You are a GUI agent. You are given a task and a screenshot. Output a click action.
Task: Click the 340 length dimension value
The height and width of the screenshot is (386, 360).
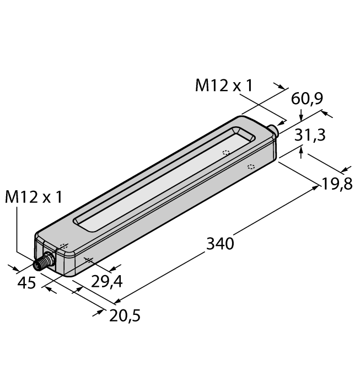click(x=220, y=243)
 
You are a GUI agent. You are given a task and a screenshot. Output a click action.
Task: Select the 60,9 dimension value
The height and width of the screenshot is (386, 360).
click(x=307, y=99)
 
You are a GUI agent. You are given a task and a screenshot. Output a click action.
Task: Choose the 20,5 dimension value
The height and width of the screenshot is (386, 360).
click(x=126, y=315)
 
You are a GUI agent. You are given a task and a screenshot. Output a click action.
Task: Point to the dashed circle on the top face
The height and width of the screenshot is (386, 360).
click(x=225, y=153)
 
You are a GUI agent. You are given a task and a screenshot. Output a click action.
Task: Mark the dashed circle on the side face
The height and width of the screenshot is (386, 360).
click(x=251, y=167)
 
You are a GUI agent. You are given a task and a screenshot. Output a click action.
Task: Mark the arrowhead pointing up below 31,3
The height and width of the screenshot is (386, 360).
click(x=301, y=149)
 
